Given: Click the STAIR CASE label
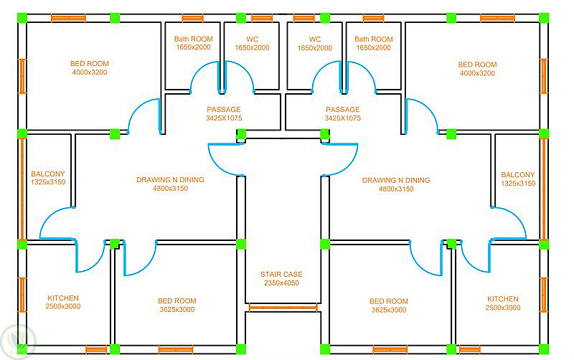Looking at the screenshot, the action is point(281,274).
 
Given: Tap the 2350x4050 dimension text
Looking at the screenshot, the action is point(281,283).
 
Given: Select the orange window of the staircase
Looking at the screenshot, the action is point(283,308).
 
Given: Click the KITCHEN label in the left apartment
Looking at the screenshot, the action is point(63,298).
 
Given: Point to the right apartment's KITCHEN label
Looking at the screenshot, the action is point(503,299).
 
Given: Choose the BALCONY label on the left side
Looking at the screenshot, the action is point(48,174).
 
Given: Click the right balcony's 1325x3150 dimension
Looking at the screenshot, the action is point(518,184).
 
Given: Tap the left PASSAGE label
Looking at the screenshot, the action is point(224,110).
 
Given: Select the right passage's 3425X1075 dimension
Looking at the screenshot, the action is point(343,118).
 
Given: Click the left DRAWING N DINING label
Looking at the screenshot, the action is point(170,179).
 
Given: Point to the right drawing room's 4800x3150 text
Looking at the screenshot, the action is point(396,189).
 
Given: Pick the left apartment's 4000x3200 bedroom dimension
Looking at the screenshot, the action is point(90,72).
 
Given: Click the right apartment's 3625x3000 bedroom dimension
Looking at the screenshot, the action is point(389,310).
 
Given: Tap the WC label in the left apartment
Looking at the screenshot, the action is point(253,39).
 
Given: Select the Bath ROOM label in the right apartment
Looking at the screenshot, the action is point(373,39).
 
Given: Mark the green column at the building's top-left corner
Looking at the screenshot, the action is point(22,18).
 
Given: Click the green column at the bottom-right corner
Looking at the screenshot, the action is point(544,349).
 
